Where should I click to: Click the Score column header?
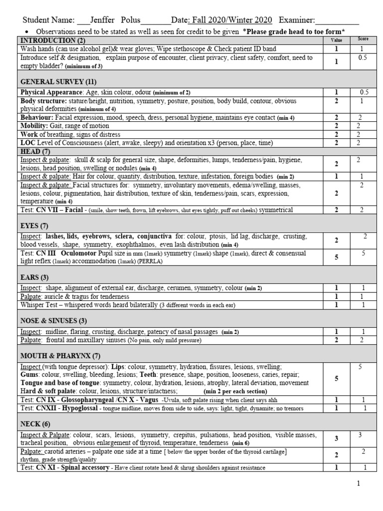pos(363,39)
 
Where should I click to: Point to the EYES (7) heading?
pos(34,226)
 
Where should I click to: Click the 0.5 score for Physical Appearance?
pos(364,92)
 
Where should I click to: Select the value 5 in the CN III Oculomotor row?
pos(336,257)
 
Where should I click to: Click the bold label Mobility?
pos(34,126)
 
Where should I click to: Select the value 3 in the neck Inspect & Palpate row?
pos(336,439)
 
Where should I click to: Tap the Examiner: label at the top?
pos(297,20)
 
